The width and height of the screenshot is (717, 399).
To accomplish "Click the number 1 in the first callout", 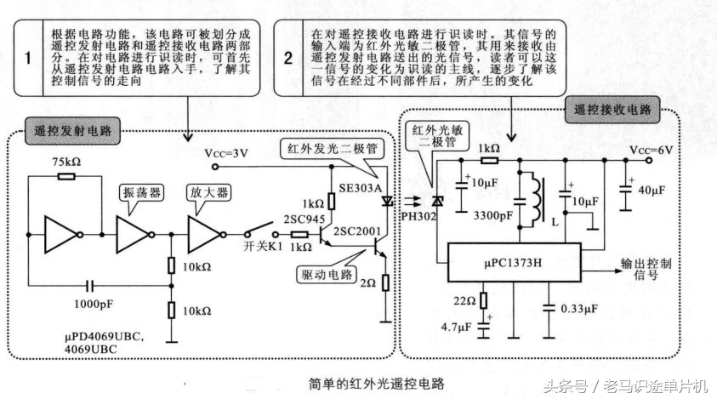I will pos(28,59).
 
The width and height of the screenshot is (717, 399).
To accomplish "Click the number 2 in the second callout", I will pos(288,59).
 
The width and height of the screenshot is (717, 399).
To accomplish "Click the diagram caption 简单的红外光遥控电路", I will pos(373,384).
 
